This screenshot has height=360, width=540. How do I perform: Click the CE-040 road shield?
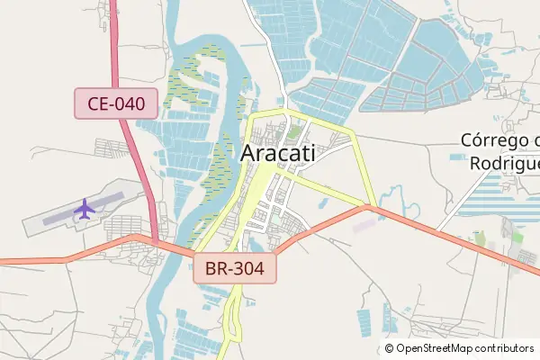coord(116,104)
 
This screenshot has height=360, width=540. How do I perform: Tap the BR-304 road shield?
coord(234,267)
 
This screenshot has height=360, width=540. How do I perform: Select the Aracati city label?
coord(278,154)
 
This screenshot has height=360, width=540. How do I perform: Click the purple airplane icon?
coord(85,209)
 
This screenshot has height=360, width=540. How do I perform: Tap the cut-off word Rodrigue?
coord(504,163)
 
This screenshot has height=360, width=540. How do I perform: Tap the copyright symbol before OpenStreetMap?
coord(390,348)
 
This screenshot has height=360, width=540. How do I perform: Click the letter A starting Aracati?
coord(247,154)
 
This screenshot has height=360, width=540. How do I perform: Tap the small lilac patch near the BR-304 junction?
coord(364,225)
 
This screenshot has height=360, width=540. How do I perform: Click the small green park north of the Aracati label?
coord(294,132)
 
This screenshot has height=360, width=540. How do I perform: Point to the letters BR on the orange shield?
coord(215,267)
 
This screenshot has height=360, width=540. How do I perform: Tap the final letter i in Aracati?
coord(312,154)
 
